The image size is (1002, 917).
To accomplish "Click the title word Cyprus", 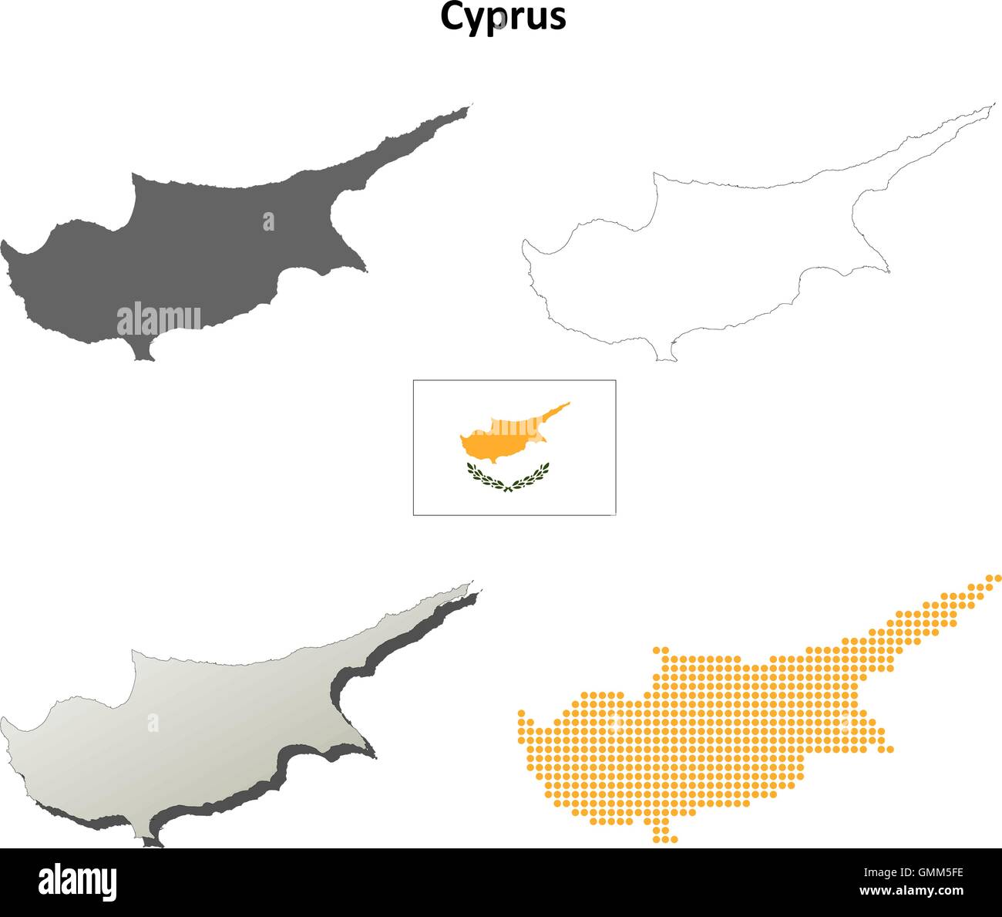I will (503, 17).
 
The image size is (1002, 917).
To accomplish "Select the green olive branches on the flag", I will (508, 477).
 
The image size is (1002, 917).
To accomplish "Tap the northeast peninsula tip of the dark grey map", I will (467, 108).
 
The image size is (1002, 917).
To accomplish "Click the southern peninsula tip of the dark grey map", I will (143, 356).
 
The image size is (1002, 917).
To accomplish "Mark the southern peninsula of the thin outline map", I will (665, 355).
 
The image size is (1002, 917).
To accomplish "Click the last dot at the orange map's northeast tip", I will (998, 577).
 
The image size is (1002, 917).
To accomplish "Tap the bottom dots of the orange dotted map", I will (665, 838).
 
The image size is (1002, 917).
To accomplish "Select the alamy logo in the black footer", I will (77, 882).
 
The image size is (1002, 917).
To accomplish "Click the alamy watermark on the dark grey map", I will (159, 320).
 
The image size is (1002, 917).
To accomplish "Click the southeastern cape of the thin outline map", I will (887, 271).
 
